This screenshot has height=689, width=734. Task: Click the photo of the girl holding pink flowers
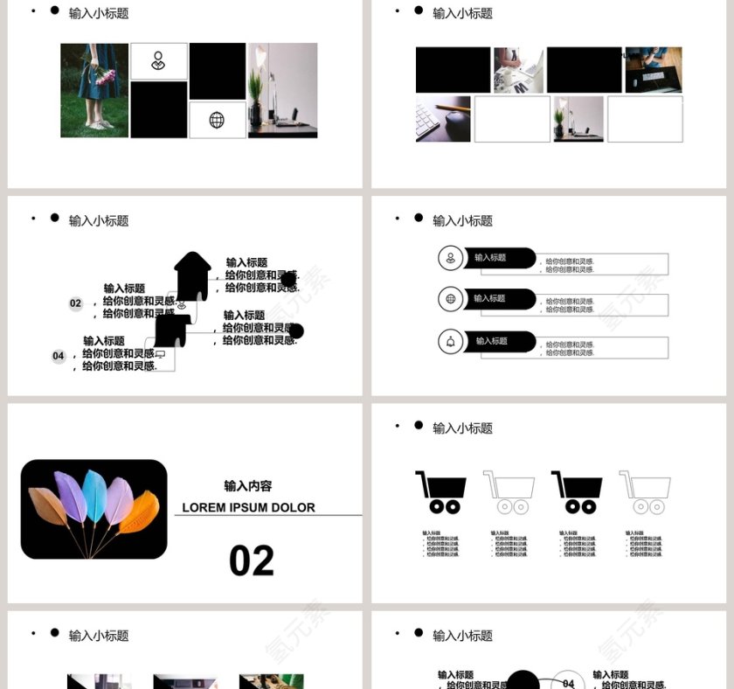(94, 90)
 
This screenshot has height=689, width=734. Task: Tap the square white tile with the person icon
(158, 61)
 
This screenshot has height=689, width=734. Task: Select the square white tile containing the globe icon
(217, 121)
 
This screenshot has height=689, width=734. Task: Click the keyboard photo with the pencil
(442, 119)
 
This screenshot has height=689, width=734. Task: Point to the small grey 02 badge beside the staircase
(75, 303)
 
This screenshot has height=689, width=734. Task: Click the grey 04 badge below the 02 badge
(59, 356)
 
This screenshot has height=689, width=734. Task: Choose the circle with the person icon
(450, 258)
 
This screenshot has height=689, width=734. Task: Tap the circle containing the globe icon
(450, 299)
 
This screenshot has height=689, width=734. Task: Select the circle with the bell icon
(450, 342)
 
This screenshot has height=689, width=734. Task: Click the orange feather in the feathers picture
(140, 512)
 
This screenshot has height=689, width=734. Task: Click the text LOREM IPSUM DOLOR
(248, 507)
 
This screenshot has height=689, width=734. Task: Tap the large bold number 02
(252, 561)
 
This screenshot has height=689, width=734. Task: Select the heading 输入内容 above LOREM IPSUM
(248, 486)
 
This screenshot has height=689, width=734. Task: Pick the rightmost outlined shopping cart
(645, 492)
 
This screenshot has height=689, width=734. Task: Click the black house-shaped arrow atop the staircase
(192, 275)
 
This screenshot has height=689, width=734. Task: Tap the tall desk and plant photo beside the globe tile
(282, 90)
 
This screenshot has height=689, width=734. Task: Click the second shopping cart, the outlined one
(509, 492)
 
